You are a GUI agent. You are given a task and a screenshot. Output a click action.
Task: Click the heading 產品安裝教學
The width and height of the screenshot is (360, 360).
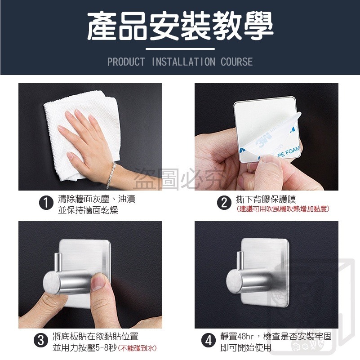[x=180, y=26]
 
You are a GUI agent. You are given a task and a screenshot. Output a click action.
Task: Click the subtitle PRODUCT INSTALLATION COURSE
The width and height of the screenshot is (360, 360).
[x=180, y=62]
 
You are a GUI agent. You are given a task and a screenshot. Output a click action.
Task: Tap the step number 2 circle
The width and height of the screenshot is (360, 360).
[x=223, y=203]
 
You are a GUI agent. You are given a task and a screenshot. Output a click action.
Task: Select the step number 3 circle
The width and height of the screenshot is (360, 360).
[x=41, y=341]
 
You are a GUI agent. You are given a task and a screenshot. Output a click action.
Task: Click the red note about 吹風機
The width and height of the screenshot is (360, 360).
[x=283, y=209]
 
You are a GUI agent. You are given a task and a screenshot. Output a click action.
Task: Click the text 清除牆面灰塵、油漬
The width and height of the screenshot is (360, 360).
[x=97, y=199]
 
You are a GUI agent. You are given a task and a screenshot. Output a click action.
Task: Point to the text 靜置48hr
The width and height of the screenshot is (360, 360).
[x=240, y=337]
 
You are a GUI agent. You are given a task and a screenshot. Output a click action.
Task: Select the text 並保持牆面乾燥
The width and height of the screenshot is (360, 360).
[x=88, y=210]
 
